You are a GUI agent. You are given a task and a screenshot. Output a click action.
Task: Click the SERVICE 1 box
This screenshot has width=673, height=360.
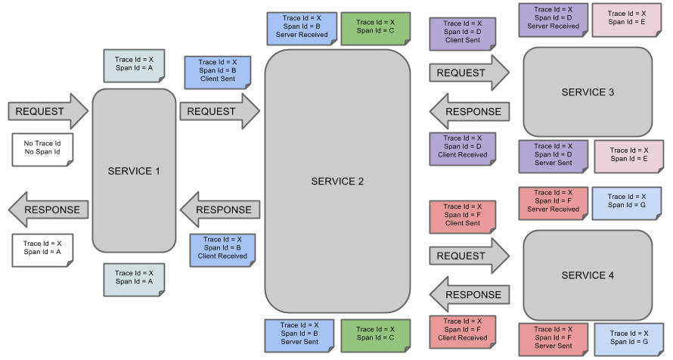[134, 171]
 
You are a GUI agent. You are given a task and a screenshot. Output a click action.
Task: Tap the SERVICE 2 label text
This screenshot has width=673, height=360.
[337, 182]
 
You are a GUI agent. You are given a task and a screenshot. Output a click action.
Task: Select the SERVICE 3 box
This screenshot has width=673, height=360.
[588, 92]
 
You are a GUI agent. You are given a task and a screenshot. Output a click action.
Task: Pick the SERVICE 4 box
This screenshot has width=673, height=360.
[588, 275]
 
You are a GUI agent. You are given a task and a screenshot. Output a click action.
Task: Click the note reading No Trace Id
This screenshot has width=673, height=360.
[42, 147]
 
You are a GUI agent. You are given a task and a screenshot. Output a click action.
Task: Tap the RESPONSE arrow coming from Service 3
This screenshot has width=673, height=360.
[469, 111]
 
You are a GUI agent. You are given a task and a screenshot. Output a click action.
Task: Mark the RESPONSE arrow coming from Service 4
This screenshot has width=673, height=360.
[469, 294]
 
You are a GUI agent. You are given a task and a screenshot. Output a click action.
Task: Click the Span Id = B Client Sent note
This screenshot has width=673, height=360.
[218, 71]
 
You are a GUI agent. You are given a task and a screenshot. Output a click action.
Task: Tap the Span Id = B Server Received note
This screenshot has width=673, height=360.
[300, 28]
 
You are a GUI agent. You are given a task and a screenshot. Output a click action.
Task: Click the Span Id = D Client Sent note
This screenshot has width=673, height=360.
[463, 33]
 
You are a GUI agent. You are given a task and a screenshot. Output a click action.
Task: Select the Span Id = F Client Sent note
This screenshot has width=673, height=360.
[463, 216]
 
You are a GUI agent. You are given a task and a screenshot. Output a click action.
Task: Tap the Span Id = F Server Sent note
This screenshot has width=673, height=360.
[553, 338]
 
